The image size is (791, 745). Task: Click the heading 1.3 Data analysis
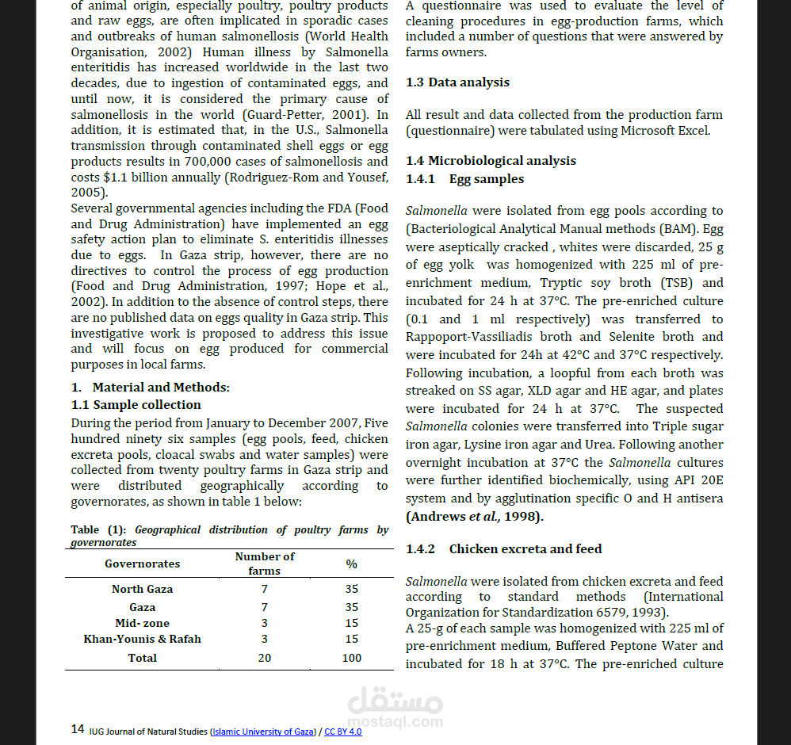click(457, 82)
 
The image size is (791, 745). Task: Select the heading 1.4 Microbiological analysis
click(491, 161)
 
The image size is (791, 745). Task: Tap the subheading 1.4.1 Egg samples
click(464, 179)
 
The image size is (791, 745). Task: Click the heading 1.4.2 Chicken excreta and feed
click(503, 548)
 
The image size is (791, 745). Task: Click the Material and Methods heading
click(150, 388)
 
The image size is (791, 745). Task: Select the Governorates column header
click(142, 564)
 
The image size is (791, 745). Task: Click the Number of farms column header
click(264, 564)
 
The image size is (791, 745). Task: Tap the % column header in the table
click(351, 564)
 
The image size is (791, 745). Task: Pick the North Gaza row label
click(142, 589)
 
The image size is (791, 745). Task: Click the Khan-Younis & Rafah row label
click(142, 639)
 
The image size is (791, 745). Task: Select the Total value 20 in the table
click(264, 658)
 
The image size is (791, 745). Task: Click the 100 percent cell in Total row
click(351, 658)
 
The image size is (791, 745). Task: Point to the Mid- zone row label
click(142, 623)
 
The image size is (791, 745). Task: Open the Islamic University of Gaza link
click(263, 732)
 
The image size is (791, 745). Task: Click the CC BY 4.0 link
click(342, 732)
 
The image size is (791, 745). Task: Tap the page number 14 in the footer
click(78, 729)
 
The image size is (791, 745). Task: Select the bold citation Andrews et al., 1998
click(474, 517)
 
